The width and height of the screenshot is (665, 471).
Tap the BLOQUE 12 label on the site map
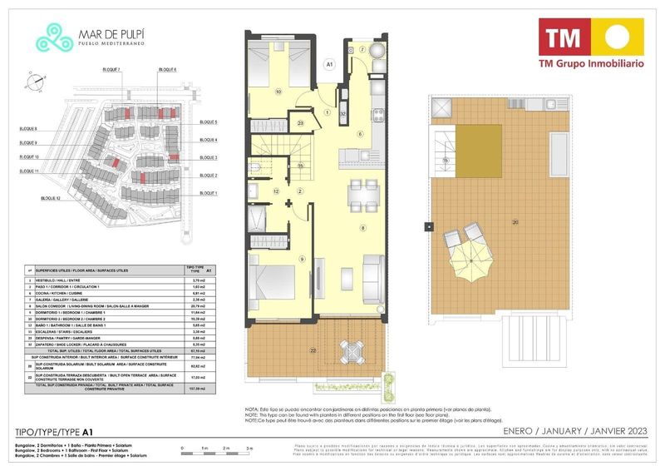[49, 199]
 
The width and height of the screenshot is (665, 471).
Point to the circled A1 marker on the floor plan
[329, 63]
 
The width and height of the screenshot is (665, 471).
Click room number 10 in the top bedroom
[278, 92]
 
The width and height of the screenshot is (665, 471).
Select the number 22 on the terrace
[267, 351]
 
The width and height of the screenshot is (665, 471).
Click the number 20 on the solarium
[515, 221]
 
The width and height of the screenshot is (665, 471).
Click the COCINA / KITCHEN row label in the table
[75, 293]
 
